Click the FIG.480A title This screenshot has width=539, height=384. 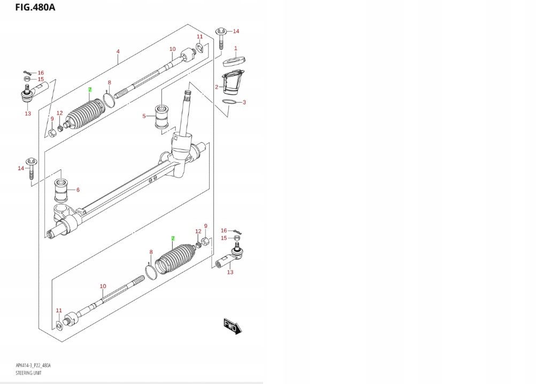click(35, 7)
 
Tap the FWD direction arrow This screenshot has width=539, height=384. click(233, 326)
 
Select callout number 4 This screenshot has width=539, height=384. click(118, 51)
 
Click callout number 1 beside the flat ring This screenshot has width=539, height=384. click(236, 49)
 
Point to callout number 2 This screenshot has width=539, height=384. click(217, 87)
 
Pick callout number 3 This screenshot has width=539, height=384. click(244, 102)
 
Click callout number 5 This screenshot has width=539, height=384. click(144, 116)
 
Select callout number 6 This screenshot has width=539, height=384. click(78, 190)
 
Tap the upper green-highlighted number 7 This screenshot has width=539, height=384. click(90, 90)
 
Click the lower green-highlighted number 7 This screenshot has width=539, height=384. click(173, 238)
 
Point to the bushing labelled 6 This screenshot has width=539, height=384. click(61, 190)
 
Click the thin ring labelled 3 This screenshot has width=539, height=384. click(229, 102)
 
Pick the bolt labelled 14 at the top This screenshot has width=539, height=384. click(221, 38)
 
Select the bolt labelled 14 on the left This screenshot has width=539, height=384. click(31, 168)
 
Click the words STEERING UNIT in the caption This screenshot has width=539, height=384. click(28, 373)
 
